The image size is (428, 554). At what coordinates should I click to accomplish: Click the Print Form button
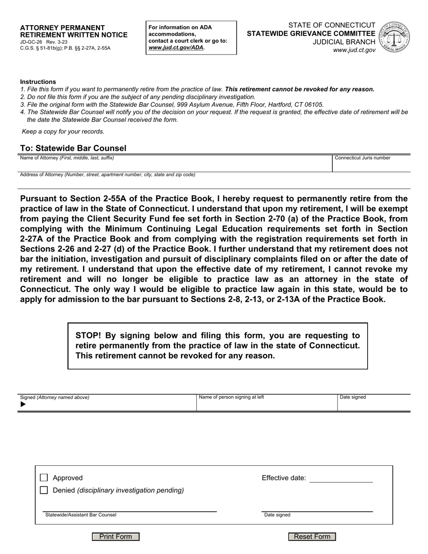click(115, 536)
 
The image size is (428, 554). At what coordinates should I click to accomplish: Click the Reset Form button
click(312, 536)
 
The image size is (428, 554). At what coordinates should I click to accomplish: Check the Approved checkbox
click(44, 478)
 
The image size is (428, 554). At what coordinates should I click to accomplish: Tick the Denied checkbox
click(44, 490)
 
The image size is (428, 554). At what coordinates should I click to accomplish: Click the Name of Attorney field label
click(67, 158)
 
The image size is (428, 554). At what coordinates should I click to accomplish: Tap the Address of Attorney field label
click(107, 175)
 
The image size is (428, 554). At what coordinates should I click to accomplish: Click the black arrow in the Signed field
click(23, 404)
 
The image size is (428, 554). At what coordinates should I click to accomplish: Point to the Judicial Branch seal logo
click(394, 37)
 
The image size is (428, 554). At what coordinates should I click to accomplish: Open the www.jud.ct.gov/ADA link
click(176, 47)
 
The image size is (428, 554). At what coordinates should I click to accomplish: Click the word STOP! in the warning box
click(88, 336)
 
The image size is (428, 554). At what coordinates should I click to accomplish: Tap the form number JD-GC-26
click(31, 42)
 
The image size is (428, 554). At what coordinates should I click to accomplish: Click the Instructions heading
click(38, 82)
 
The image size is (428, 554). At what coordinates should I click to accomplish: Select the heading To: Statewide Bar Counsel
click(73, 148)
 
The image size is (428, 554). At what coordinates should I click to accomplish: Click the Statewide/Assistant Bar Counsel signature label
click(81, 515)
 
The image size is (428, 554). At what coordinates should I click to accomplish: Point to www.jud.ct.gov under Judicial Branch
click(354, 50)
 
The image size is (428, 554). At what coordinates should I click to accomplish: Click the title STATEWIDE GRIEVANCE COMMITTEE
click(311, 33)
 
